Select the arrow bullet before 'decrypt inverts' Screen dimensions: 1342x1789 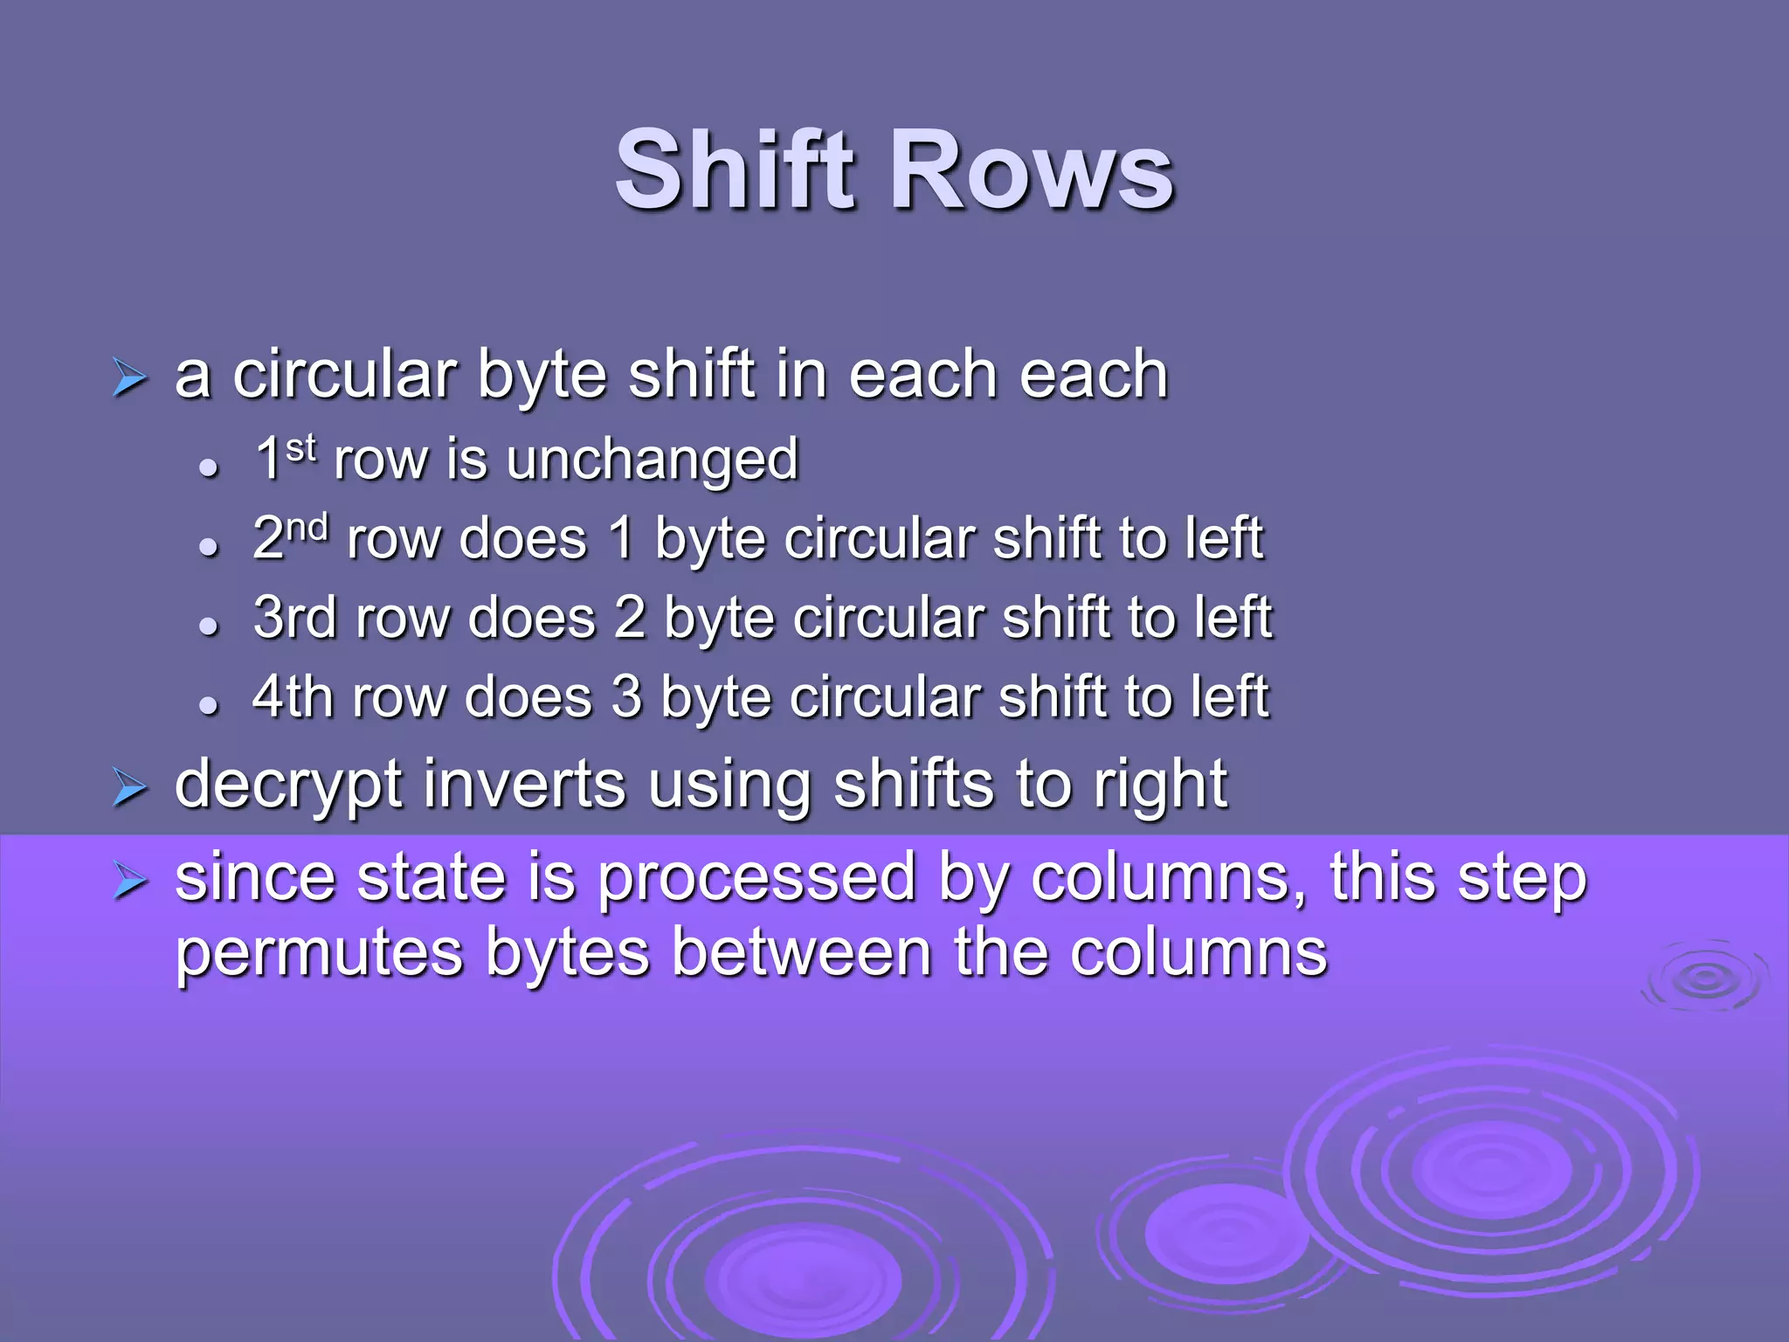(x=129, y=789)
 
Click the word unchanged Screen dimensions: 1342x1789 (x=652, y=460)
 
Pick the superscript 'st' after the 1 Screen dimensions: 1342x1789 (x=300, y=447)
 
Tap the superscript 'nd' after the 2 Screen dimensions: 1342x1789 (x=308, y=527)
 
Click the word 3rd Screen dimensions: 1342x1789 (x=294, y=618)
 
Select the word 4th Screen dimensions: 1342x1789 (x=293, y=697)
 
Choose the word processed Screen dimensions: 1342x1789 (x=756, y=877)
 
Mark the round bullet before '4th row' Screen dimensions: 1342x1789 (x=208, y=704)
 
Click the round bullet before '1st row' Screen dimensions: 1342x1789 (x=208, y=467)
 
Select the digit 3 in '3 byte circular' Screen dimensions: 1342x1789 (x=626, y=697)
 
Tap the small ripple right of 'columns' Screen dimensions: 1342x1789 (x=1703, y=978)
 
